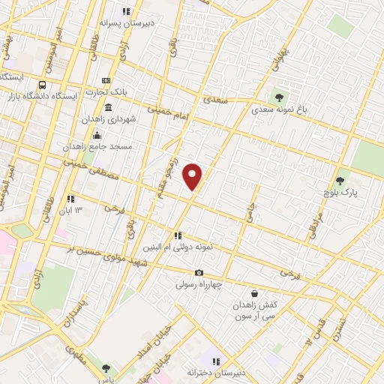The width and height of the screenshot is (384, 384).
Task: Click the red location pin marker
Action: (193, 175)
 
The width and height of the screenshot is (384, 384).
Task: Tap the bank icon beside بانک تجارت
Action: (106, 80)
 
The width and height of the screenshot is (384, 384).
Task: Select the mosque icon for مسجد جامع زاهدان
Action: (96, 136)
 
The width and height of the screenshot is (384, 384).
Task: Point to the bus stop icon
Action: (42, 85)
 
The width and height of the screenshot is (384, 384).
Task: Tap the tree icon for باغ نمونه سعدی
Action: (280, 97)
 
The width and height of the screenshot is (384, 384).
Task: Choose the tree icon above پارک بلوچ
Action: (340, 180)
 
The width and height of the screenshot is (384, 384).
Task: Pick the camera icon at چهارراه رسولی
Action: (199, 273)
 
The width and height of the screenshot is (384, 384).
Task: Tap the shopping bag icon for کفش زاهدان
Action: (256, 293)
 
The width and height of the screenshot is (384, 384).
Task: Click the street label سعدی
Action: (215, 99)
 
